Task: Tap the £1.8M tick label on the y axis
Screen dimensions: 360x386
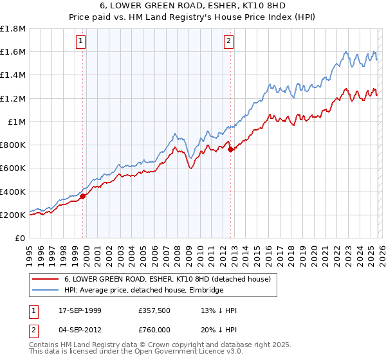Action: [x=13, y=29]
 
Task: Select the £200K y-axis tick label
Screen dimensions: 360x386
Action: [x=13, y=215]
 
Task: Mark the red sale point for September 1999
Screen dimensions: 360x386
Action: [x=83, y=197]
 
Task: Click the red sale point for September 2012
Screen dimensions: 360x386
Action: [x=230, y=150]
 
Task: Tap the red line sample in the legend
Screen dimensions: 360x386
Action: [x=46, y=279]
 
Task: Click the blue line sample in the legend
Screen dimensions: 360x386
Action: [x=46, y=291]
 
